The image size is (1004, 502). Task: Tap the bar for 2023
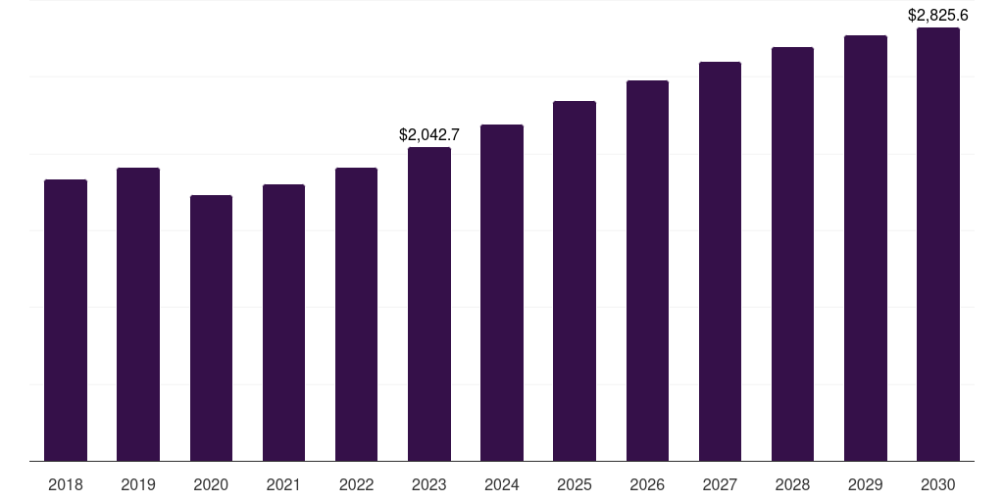(429, 304)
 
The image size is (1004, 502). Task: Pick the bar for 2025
(575, 280)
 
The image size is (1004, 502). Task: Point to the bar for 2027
(720, 261)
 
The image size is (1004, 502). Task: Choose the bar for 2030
(938, 244)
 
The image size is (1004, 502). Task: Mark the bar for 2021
(283, 323)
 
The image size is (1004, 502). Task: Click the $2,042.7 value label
(429, 135)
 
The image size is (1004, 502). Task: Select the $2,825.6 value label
(938, 16)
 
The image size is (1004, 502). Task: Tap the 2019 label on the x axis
(138, 484)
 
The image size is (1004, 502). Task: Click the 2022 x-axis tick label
(356, 484)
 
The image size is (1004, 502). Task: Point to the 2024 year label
(502, 484)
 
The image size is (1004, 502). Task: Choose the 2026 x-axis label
(647, 484)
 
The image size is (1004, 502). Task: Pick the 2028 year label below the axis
(792, 484)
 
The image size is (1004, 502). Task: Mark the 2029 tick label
(866, 484)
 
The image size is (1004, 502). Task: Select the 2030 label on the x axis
(938, 484)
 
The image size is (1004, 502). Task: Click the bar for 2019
(138, 314)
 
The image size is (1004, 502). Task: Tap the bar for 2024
(502, 292)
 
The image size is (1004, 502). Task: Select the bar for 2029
(866, 248)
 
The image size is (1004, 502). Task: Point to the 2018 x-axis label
(66, 484)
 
